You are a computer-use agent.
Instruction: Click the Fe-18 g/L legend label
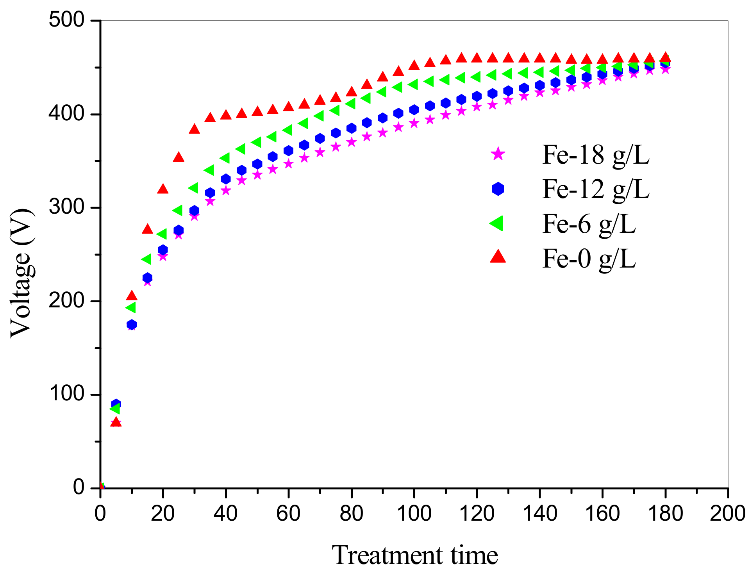(595, 155)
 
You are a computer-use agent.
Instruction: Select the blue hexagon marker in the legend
(498, 189)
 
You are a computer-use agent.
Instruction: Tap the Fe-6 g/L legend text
(589, 224)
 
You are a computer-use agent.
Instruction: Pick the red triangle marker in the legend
(498, 257)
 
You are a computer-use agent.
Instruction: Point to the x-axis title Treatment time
(414, 555)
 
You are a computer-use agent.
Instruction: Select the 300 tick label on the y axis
(67, 207)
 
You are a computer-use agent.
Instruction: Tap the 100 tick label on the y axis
(67, 394)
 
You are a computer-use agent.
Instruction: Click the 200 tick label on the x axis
(727, 513)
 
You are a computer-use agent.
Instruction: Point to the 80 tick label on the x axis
(351, 513)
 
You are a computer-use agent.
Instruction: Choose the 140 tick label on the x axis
(539, 513)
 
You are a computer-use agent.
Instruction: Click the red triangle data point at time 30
(194, 129)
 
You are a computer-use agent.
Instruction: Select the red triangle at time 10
(132, 296)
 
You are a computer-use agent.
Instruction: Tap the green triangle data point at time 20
(162, 234)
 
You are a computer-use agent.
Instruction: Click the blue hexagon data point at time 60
(288, 151)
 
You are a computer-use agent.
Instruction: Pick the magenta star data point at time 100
(414, 123)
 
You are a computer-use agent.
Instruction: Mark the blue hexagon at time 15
(147, 278)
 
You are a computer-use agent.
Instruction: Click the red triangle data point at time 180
(665, 57)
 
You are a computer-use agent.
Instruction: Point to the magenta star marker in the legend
(498, 154)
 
